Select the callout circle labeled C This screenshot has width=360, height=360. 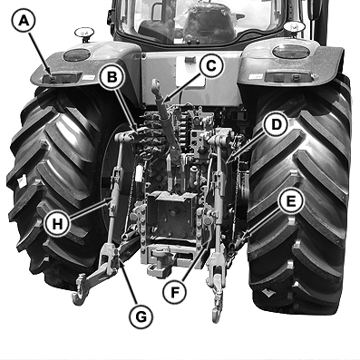pyautogui.click(x=209, y=64)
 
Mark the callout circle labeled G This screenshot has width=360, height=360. pyautogui.click(x=140, y=316)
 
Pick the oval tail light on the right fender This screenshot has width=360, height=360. pyautogui.click(x=291, y=51)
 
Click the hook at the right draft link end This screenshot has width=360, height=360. pyautogui.click(x=218, y=311)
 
